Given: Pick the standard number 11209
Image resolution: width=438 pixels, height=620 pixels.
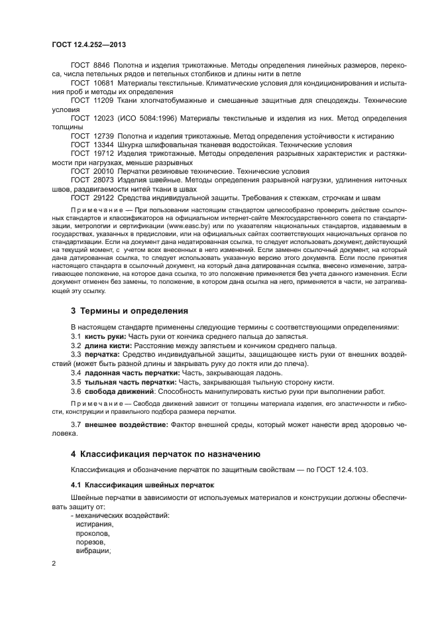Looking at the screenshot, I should [x=103, y=99].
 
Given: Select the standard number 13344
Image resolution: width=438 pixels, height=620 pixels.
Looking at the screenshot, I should [x=103, y=144].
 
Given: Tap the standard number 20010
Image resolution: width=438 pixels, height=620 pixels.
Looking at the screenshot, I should [x=103, y=170].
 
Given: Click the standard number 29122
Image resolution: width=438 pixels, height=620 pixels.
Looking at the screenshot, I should [x=103, y=197].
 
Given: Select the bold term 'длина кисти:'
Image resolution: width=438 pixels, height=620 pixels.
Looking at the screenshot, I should [x=108, y=346].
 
